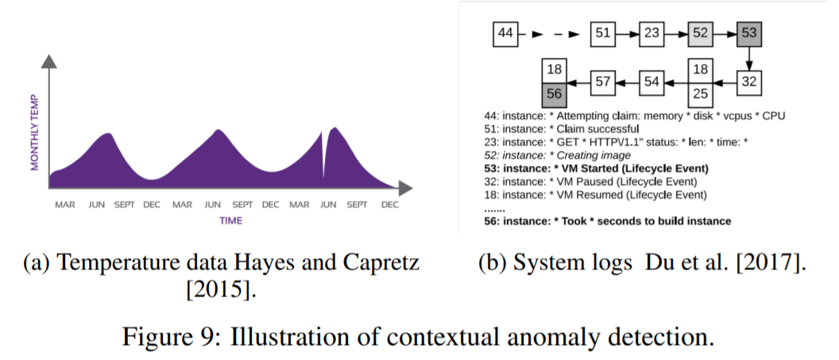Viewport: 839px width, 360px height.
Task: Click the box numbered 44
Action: click(x=506, y=34)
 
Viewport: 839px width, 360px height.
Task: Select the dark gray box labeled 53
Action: click(x=749, y=34)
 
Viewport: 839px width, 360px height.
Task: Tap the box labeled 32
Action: click(x=749, y=80)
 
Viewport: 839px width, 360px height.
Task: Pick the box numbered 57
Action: click(x=603, y=80)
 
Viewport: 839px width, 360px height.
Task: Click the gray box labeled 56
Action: click(x=554, y=92)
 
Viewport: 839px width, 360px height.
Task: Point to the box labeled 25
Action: click(x=700, y=92)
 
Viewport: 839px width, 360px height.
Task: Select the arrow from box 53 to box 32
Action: click(x=749, y=57)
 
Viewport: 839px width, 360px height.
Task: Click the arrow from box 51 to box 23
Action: click(x=628, y=34)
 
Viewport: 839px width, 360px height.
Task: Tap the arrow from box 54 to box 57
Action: click(x=628, y=80)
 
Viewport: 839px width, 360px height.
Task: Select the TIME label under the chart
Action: click(x=230, y=220)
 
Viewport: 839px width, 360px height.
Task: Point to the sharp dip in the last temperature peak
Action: click(x=324, y=163)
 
